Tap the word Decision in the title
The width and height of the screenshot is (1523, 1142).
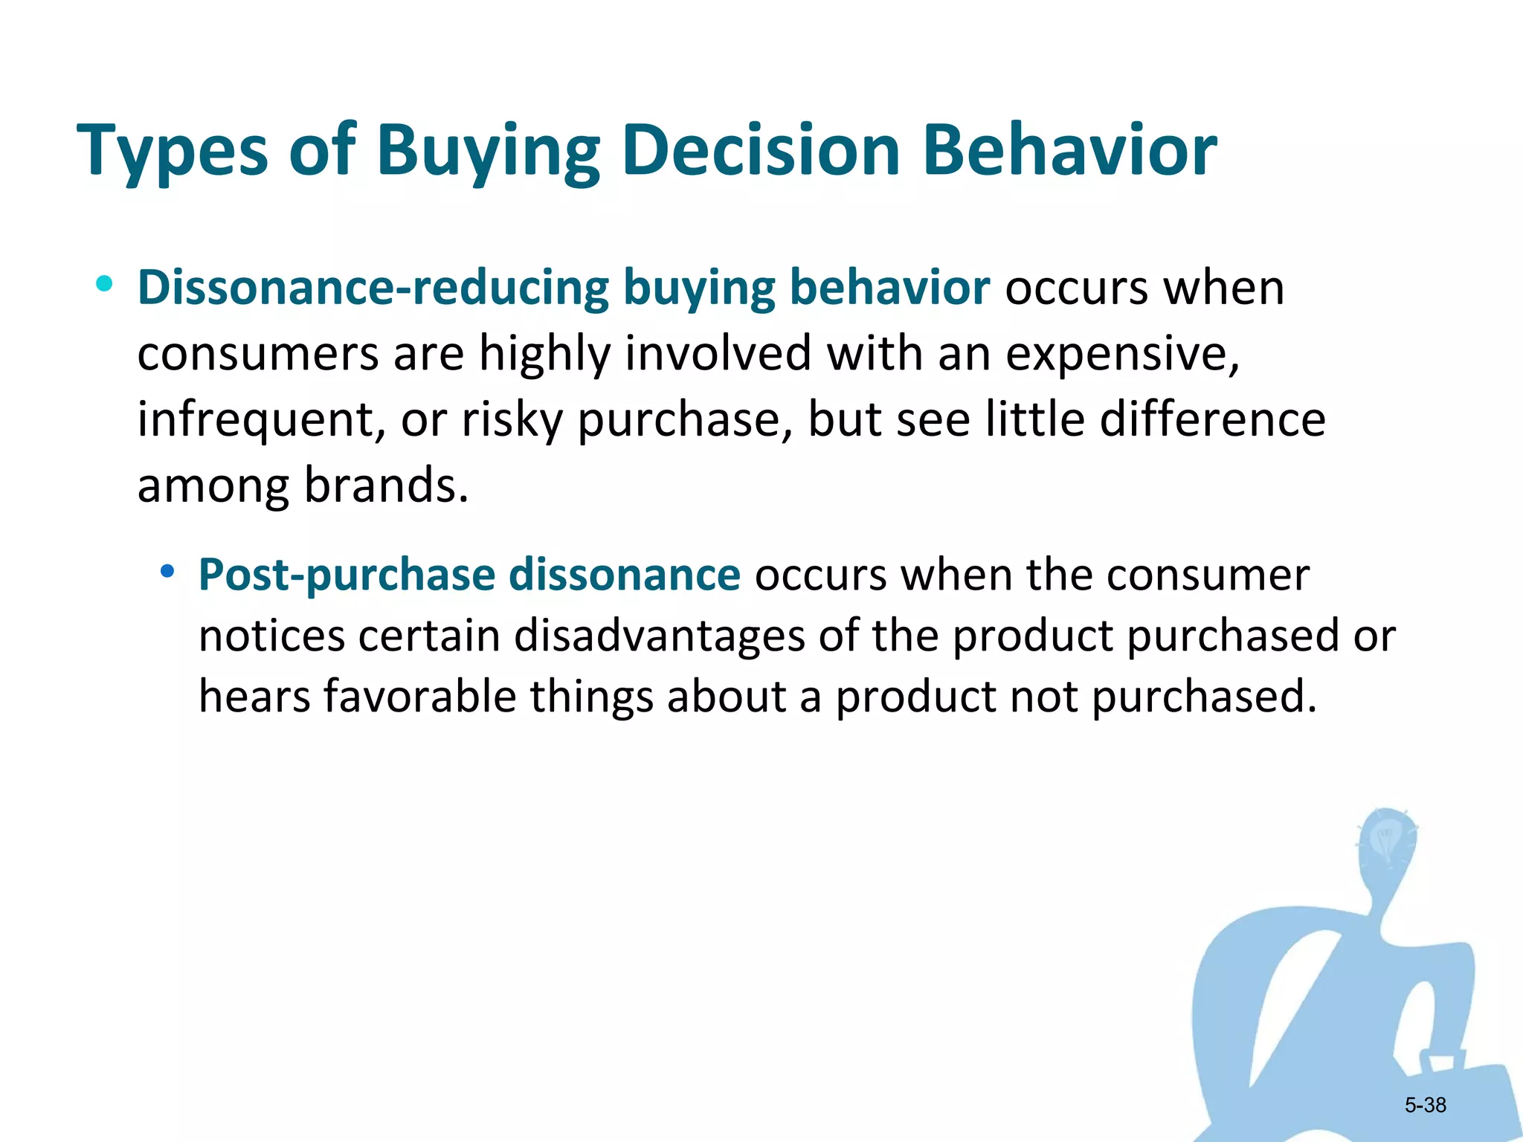pyautogui.click(x=761, y=150)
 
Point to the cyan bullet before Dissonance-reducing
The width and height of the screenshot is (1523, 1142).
pyautogui.click(x=104, y=283)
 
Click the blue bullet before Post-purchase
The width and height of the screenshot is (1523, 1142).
pyautogui.click(x=167, y=571)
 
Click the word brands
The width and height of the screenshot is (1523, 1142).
pyautogui.click(x=386, y=485)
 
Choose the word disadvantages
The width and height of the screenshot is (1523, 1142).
pyautogui.click(x=659, y=636)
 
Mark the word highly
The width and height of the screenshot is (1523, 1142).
pyautogui.click(x=544, y=354)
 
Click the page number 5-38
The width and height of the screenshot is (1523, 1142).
pyautogui.click(x=1425, y=1105)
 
